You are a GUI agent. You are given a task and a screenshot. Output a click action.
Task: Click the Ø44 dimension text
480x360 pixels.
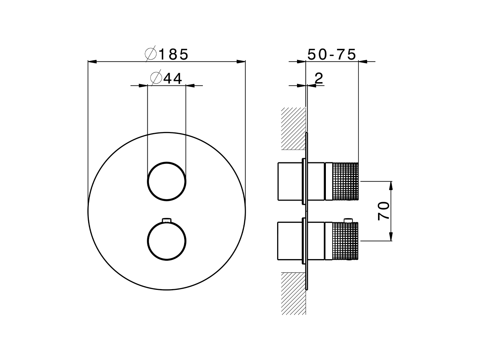point(166,78)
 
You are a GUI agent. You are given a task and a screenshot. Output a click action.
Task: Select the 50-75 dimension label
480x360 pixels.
point(331,54)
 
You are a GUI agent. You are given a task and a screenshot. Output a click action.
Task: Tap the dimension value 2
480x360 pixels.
point(318,78)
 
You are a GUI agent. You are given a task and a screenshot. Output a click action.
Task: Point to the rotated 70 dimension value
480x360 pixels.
point(384,211)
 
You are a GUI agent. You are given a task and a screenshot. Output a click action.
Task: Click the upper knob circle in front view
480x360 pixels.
point(167,181)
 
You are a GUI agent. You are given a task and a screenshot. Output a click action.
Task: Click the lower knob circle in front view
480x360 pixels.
point(167,241)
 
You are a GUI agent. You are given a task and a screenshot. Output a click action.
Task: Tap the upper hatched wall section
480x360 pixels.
point(294,128)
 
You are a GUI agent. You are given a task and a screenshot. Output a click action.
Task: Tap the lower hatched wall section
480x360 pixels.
point(294,293)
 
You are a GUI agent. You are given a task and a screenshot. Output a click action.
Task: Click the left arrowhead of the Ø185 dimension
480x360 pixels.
point(92,61)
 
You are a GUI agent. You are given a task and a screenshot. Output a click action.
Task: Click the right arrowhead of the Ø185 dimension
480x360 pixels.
point(241,61)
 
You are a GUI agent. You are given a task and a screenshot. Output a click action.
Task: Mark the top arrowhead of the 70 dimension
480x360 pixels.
point(391,185)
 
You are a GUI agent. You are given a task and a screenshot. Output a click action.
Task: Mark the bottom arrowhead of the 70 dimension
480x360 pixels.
point(391,236)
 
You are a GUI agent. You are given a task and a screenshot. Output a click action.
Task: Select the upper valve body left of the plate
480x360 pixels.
point(289,181)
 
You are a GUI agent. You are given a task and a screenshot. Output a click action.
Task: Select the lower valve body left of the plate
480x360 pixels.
point(289,241)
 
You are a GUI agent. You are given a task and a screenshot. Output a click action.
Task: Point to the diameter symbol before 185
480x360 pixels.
point(151,54)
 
